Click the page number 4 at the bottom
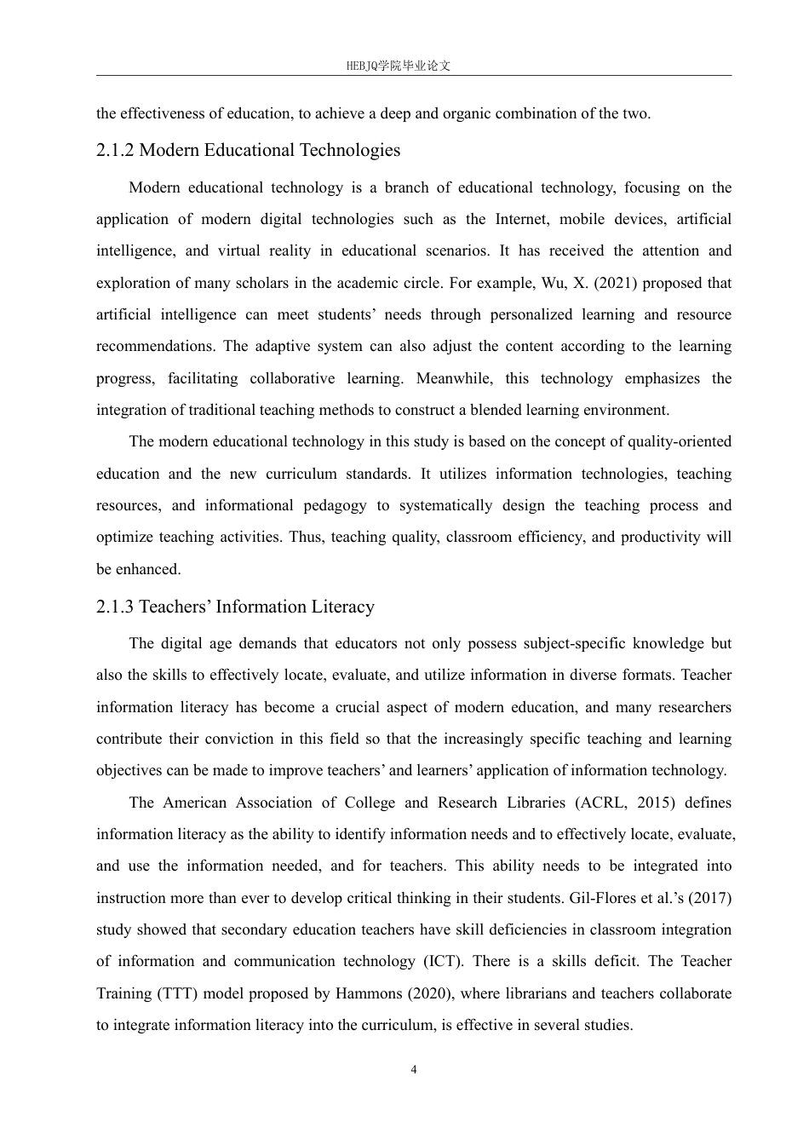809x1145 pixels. [x=414, y=1070]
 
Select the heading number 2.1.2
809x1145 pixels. [x=115, y=151]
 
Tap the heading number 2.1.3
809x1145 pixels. [x=115, y=607]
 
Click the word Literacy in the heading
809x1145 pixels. [x=344, y=607]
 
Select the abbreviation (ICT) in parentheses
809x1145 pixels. [x=444, y=962]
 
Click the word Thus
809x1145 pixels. [x=307, y=537]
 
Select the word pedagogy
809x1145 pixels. [x=335, y=505]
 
